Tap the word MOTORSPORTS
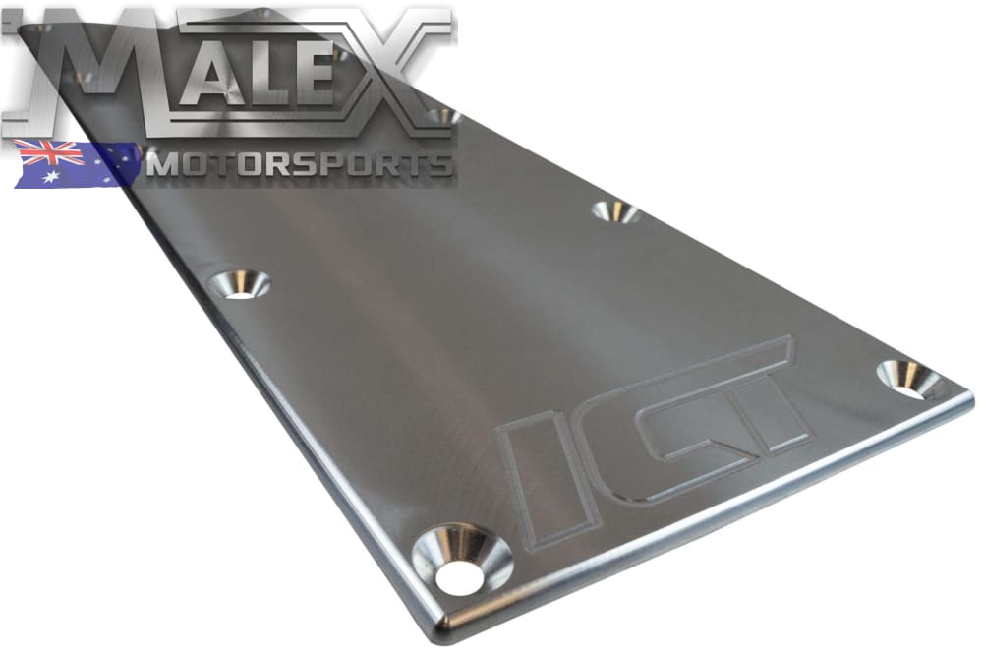pos(299,165)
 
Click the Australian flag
pos(77,164)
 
